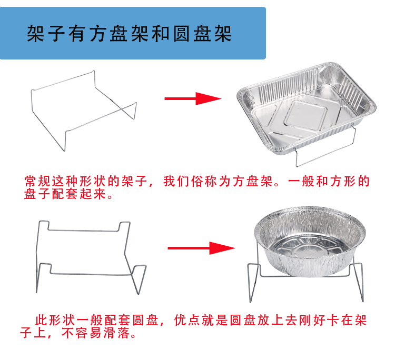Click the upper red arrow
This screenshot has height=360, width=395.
pos(192,98)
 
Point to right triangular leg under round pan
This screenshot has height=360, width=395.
pos(359,284)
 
